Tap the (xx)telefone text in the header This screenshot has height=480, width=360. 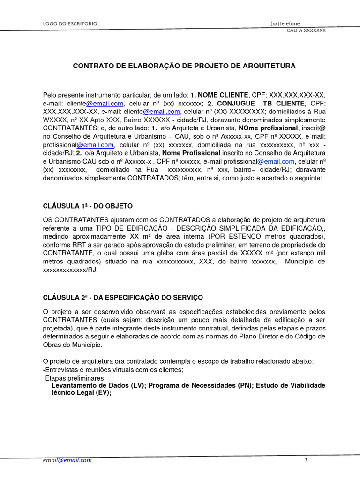tap(285, 23)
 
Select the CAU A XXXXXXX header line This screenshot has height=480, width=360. tap(306, 30)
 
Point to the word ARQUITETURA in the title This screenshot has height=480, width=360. tap(270, 66)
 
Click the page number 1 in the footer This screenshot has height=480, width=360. tap(305, 460)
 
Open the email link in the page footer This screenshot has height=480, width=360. tap(67, 460)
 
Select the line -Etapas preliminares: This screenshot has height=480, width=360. tap(74, 377)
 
